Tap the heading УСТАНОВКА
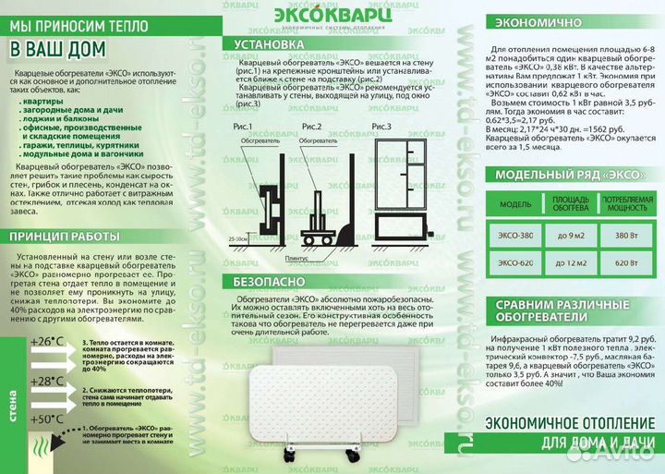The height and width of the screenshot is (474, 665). click(x=269, y=43)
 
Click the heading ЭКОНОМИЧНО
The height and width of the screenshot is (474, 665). click(x=538, y=21)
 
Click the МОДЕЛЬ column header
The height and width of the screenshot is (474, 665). click(x=514, y=202)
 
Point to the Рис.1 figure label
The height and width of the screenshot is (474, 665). click(x=243, y=125)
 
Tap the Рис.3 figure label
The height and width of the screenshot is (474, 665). click(x=382, y=125)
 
